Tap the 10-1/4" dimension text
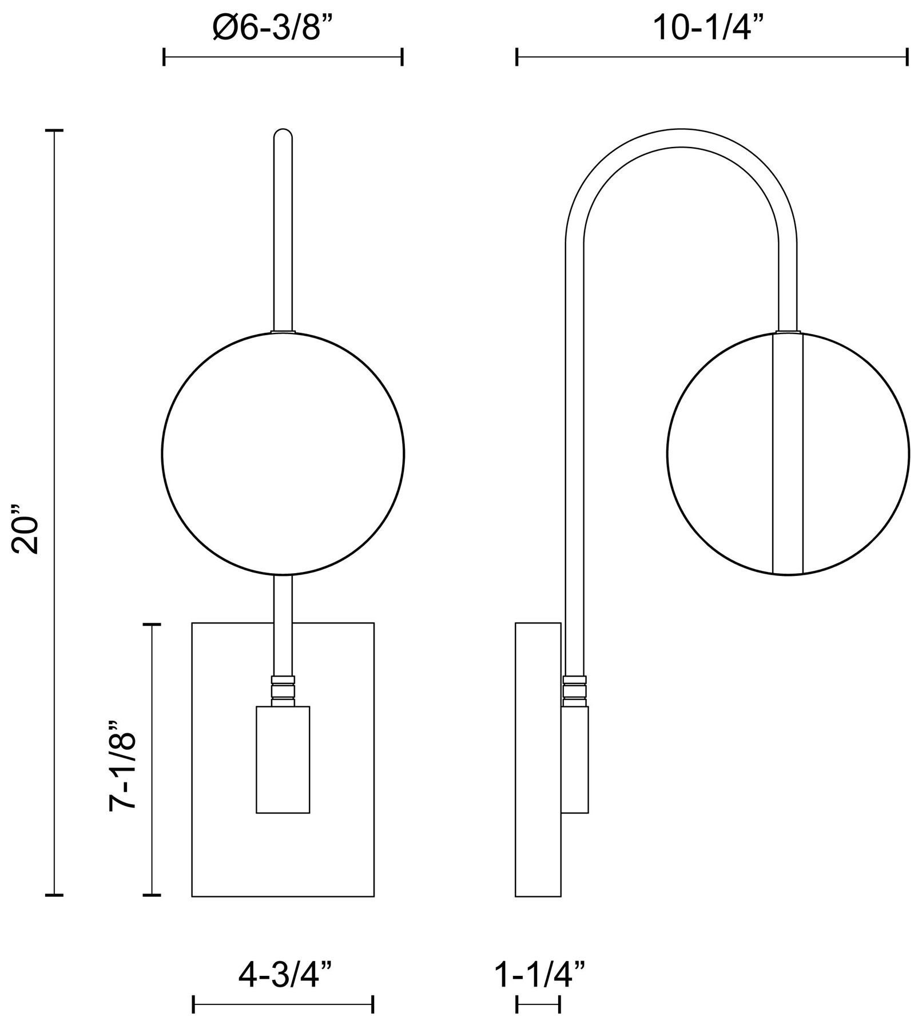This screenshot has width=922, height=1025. tap(710, 27)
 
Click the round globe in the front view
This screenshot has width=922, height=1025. tap(283, 453)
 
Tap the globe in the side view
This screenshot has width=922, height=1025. tap(788, 453)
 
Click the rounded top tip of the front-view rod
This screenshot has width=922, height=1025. tap(283, 131)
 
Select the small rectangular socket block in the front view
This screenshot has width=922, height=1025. tap(283, 760)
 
